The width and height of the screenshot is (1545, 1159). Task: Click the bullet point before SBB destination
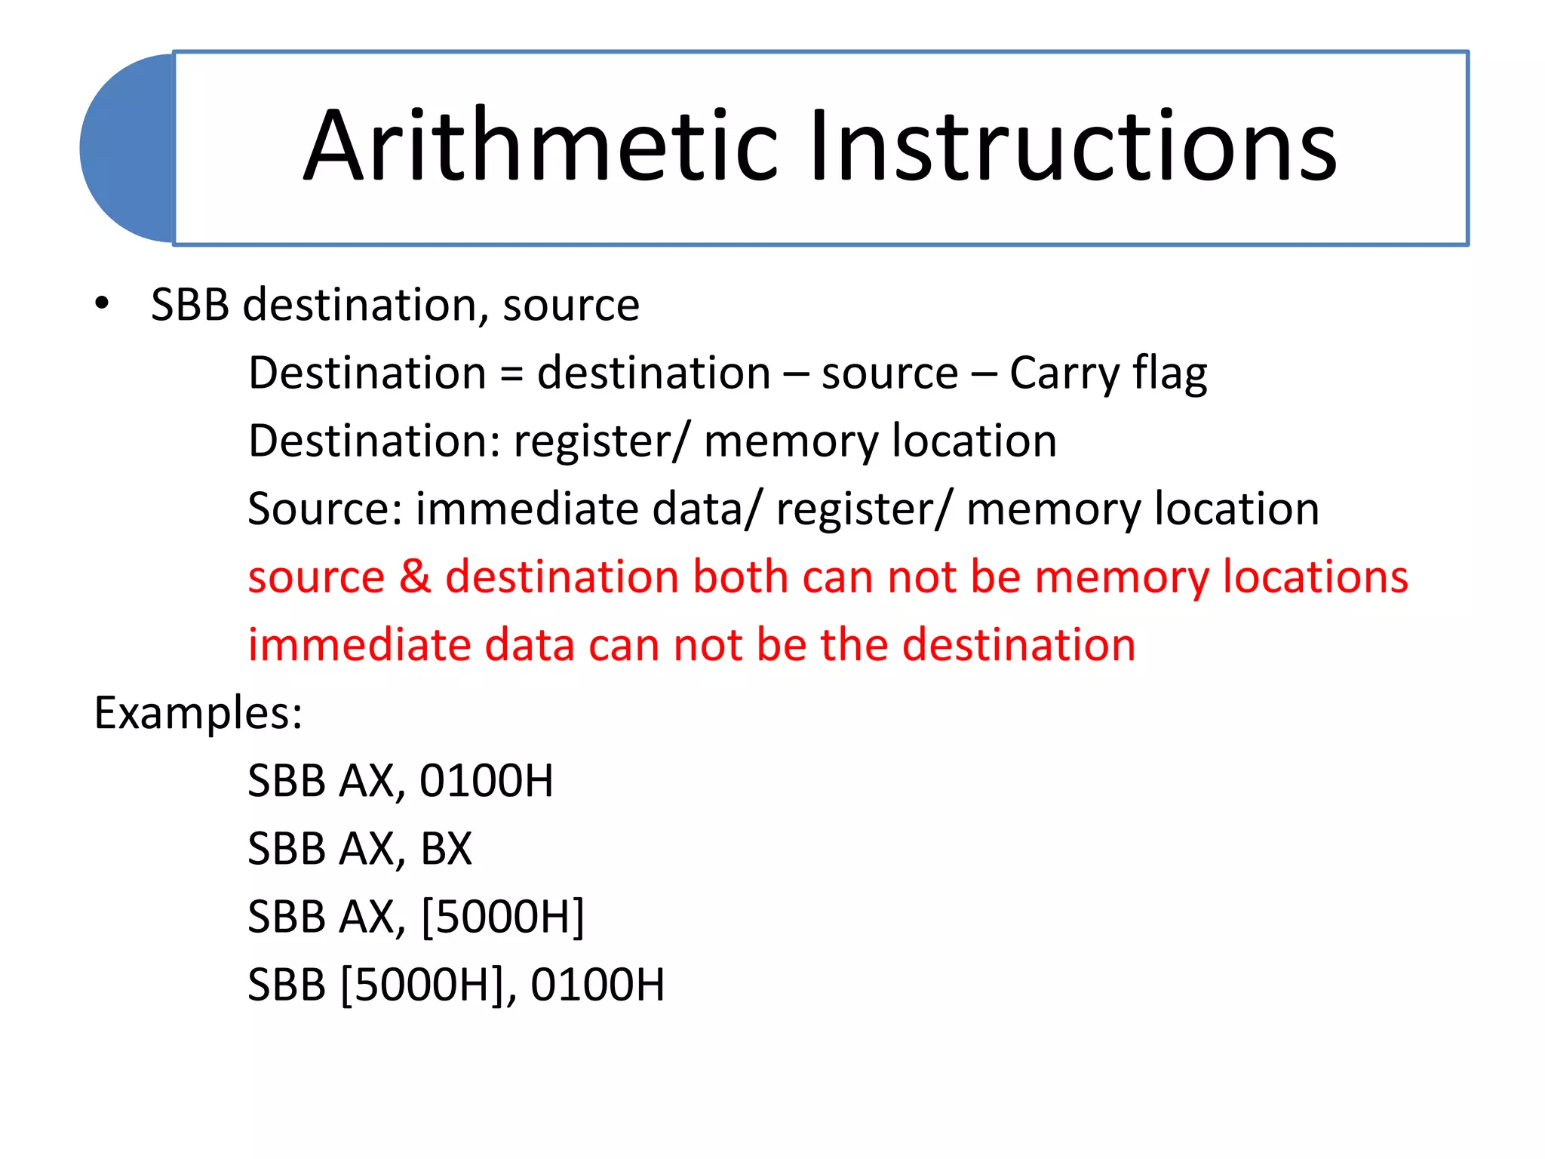pyautogui.click(x=102, y=304)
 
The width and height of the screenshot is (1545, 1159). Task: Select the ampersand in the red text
pyautogui.click(x=415, y=576)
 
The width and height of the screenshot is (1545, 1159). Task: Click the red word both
pyautogui.click(x=740, y=576)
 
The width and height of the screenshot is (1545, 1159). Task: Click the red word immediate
pyautogui.click(x=359, y=644)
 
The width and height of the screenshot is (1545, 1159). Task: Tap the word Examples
pyautogui.click(x=198, y=713)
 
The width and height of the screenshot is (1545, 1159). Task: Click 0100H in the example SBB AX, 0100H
pyautogui.click(x=487, y=781)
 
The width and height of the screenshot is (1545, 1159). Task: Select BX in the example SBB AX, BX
pyautogui.click(x=446, y=849)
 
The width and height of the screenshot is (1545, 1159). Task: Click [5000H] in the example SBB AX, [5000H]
pyautogui.click(x=502, y=917)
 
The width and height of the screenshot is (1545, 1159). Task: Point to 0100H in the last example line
pyautogui.click(x=597, y=985)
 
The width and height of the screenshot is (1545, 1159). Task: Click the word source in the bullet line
pyautogui.click(x=571, y=306)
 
